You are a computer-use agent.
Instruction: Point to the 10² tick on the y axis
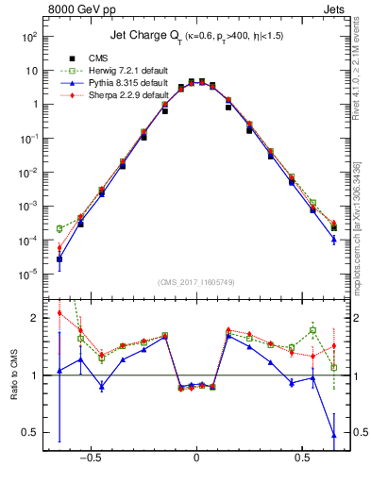click(x=28, y=37)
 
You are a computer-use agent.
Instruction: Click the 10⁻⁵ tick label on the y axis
click(x=28, y=275)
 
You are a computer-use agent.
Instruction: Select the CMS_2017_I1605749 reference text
click(x=196, y=283)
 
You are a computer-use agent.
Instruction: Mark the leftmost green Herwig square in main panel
click(x=59, y=228)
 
